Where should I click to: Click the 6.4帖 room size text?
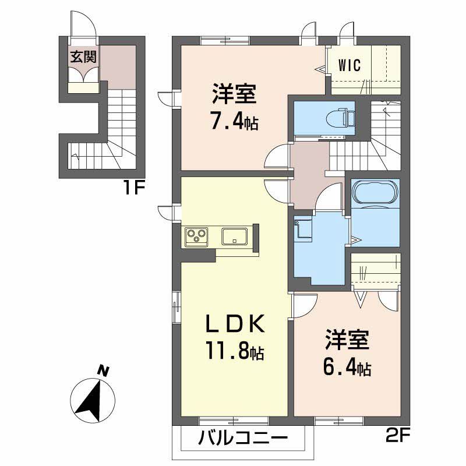[348, 368]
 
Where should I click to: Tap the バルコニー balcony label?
[243, 438]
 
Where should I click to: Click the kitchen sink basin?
[235, 236]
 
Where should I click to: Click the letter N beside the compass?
[103, 369]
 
